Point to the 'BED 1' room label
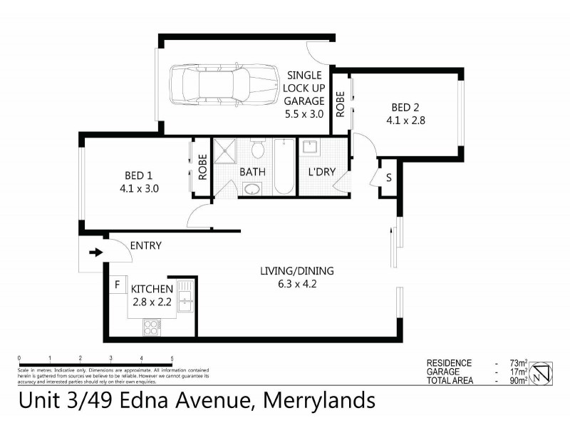[x=140, y=182]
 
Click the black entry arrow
[x=94, y=252]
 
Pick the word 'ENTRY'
[x=145, y=246]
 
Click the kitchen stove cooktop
[x=152, y=327]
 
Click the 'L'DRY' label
[x=321, y=173]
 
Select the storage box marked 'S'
[x=389, y=178]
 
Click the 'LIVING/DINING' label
[x=296, y=271]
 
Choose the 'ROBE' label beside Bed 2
[x=341, y=104]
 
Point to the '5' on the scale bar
[x=172, y=358]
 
